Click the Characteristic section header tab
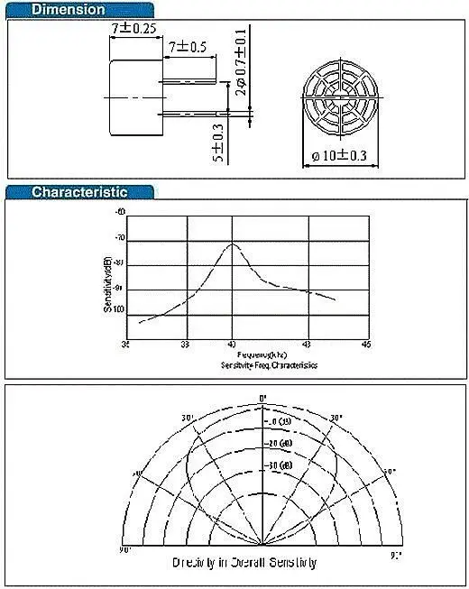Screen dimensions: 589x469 79,191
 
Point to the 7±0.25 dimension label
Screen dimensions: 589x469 133,29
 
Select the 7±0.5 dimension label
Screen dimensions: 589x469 187,46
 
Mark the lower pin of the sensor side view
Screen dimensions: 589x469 191,114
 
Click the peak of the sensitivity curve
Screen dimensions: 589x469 233,244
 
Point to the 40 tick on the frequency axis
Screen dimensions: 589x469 233,345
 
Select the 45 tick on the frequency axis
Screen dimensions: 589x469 365,345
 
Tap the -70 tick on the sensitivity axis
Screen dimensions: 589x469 120,237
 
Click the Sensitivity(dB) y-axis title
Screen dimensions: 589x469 108,284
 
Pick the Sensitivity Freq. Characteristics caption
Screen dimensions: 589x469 268,365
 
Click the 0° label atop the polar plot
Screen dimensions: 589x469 263,398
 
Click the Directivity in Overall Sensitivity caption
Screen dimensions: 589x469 244,563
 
